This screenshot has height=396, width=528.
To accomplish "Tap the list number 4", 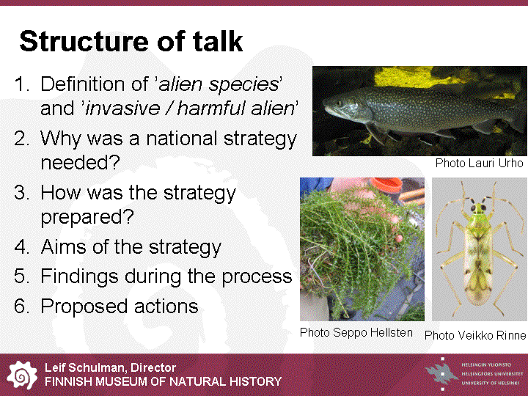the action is pyautogui.click(x=21, y=247).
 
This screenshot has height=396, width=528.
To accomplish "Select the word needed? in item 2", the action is pyautogui.click(x=80, y=163).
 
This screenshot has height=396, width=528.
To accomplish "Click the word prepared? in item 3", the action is pyautogui.click(x=87, y=217).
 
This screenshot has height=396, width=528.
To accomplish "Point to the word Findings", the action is pyautogui.click(x=79, y=277).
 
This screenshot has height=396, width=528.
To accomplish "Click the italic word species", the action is pyautogui.click(x=243, y=85).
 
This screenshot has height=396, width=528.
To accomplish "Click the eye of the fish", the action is pyautogui.click(x=339, y=103).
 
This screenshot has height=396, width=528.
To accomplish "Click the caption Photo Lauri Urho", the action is pyautogui.click(x=479, y=163).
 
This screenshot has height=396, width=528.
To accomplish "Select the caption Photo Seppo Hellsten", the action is pyautogui.click(x=356, y=333).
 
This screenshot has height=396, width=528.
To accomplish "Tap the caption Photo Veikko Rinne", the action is pyautogui.click(x=475, y=335).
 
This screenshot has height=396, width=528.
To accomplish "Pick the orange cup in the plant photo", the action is pyautogui.click(x=386, y=185).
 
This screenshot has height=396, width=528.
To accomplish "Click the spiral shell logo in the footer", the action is pyautogui.click(x=21, y=375).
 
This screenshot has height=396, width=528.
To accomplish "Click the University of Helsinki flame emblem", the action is pyautogui.click(x=441, y=374).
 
